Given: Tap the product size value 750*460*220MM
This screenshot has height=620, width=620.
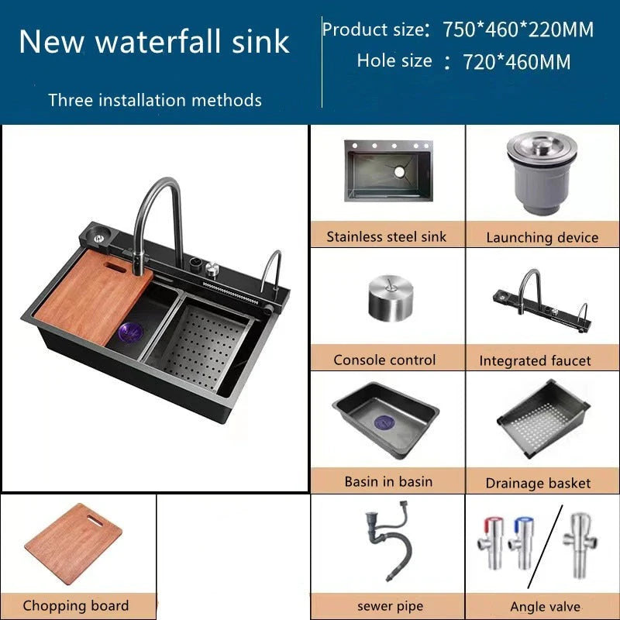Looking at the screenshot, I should point(518,30).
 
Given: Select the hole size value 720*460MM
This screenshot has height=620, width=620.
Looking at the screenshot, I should point(516,62).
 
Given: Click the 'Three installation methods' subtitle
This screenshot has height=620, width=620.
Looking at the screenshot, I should point(154,100).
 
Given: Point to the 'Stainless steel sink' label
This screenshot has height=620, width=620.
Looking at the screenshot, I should point(386,236).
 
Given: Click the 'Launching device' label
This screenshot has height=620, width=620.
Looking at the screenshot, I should point(542,237).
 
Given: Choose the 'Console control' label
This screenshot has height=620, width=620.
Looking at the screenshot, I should point(384,360).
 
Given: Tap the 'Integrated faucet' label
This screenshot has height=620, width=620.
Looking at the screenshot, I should point(535,360).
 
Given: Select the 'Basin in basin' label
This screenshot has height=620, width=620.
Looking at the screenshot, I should point(388,481).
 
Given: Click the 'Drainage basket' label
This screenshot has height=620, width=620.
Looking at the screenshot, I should point(538,483).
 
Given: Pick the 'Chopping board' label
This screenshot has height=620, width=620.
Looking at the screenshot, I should point(76,605).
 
